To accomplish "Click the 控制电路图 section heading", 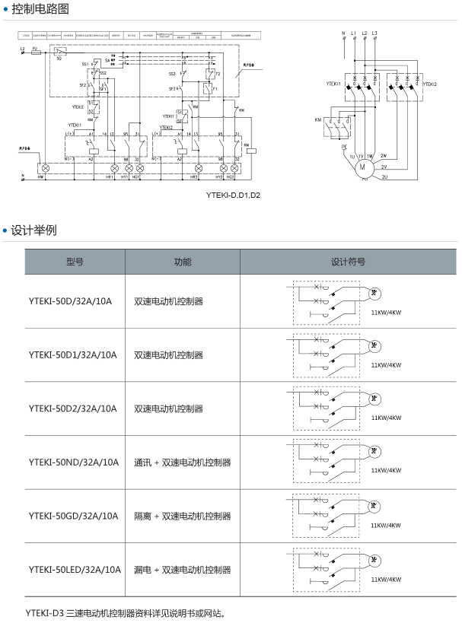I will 40,9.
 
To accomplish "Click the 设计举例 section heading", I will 33,230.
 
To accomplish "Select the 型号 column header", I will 75,262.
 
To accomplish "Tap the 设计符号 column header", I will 348,262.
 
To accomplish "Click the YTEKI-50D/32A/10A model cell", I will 70,301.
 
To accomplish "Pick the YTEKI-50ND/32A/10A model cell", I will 73,462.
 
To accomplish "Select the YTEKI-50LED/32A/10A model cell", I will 75,569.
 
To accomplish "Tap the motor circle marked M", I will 362,165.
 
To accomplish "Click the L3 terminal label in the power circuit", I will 374,33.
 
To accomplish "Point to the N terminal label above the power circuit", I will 344,33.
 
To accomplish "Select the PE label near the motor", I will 344,146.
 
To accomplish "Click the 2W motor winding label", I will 384,154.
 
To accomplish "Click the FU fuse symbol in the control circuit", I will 35,52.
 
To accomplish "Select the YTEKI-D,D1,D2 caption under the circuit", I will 232,195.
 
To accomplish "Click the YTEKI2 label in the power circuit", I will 429,84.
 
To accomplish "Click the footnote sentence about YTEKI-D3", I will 126,612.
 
